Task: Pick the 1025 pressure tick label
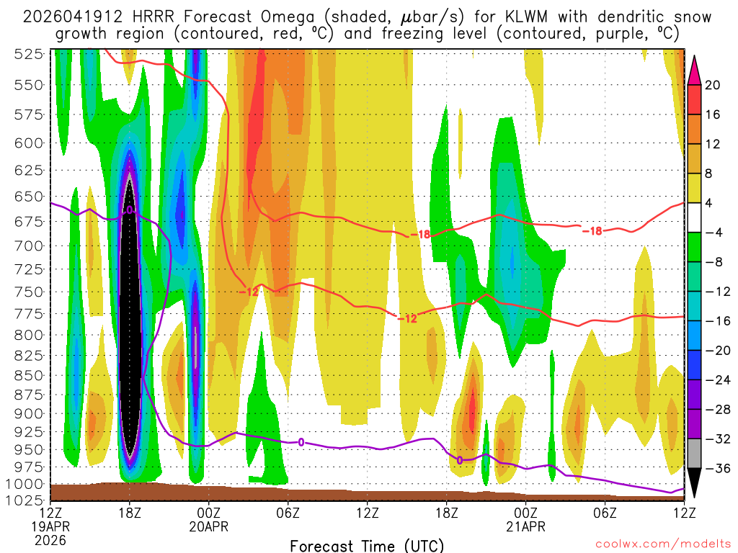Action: (30, 499)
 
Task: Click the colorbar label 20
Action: (713, 85)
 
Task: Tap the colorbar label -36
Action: (716, 469)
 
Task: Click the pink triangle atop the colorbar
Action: (695, 70)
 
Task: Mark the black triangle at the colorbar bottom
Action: (695, 483)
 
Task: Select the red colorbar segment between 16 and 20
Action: (695, 99)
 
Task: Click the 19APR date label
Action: (52, 526)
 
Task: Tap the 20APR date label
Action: (209, 526)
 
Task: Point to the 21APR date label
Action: (525, 526)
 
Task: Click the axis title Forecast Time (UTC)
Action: (367, 545)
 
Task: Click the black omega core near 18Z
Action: (130, 324)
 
